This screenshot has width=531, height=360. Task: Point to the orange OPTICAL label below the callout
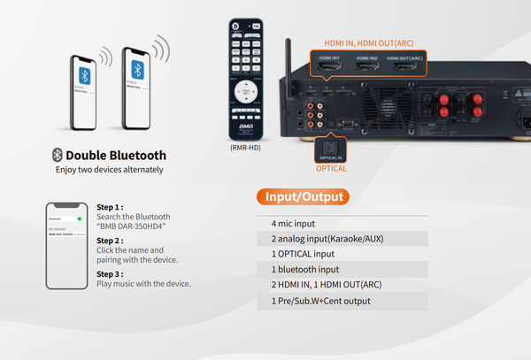(331, 168)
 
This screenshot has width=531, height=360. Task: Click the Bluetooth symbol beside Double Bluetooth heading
(58, 155)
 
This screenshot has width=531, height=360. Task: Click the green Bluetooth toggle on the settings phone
(80, 218)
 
